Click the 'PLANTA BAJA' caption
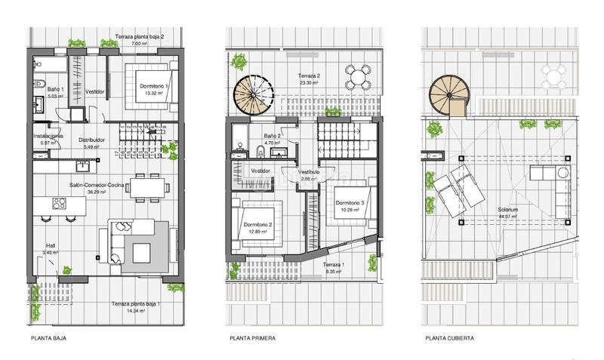(49, 339)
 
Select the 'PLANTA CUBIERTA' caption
(450, 339)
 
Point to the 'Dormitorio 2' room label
(259, 224)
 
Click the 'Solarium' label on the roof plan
(508, 210)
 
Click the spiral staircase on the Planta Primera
(254, 96)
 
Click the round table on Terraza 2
(359, 75)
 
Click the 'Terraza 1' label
(333, 266)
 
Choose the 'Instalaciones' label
(47, 136)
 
